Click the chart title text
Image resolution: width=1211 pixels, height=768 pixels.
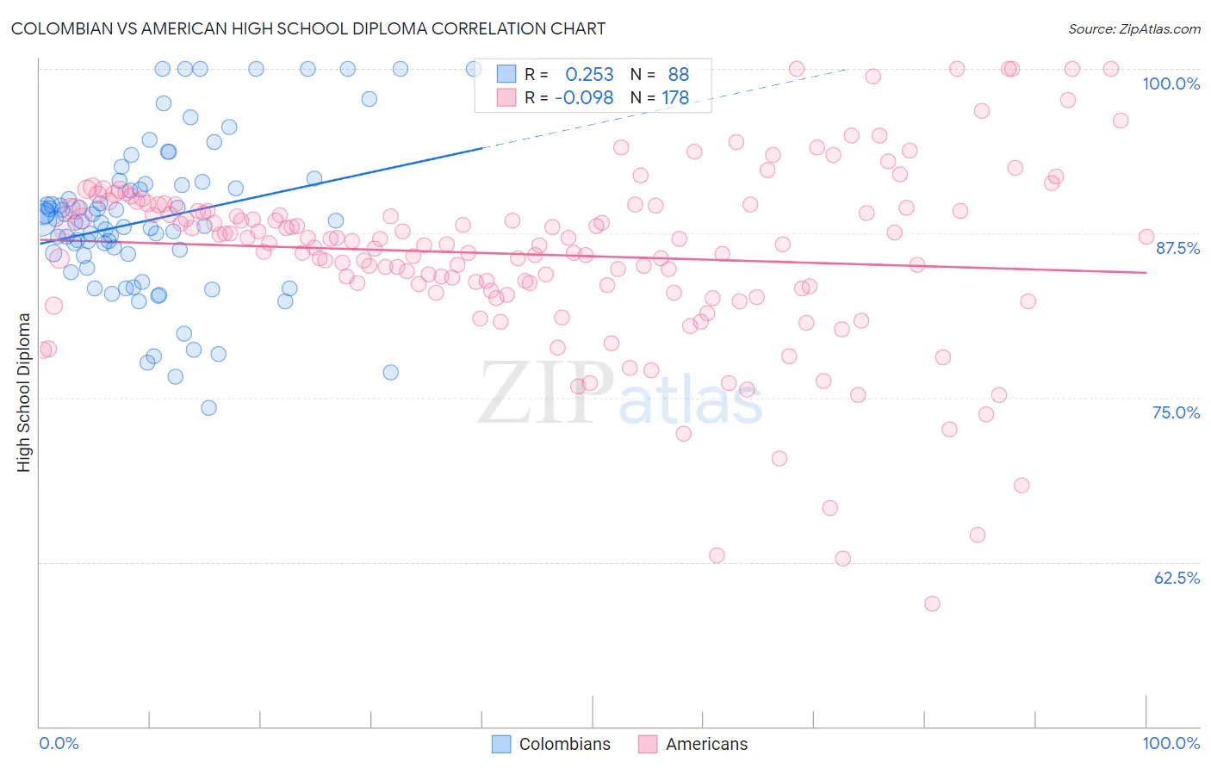[308, 28]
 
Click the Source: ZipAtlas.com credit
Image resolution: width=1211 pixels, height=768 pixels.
[1133, 28]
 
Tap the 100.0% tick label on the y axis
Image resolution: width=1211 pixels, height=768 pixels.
[1171, 84]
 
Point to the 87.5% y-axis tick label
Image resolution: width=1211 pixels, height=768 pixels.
[1177, 248]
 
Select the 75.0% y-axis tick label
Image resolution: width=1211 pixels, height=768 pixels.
[1176, 412]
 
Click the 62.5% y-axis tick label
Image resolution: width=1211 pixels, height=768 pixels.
[1177, 578]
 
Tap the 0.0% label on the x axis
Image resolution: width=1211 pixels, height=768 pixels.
[59, 743]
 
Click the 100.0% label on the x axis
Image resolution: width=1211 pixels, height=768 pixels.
[1171, 743]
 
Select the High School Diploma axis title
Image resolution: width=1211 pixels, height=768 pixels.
[24, 392]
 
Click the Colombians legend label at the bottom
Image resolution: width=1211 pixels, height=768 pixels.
[564, 744]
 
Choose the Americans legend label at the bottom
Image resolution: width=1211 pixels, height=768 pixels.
[706, 744]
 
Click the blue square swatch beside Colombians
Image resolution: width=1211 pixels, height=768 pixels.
[501, 744]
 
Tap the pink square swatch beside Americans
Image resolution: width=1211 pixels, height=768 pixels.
[648, 744]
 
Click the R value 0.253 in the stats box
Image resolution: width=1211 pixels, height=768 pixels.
[589, 75]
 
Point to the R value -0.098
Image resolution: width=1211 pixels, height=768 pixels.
[584, 98]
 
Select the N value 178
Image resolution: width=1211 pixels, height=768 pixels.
[675, 98]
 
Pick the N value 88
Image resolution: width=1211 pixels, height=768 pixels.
[678, 75]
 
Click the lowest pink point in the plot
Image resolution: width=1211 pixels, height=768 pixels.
[932, 604]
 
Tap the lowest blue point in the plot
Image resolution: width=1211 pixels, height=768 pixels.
[208, 407]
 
